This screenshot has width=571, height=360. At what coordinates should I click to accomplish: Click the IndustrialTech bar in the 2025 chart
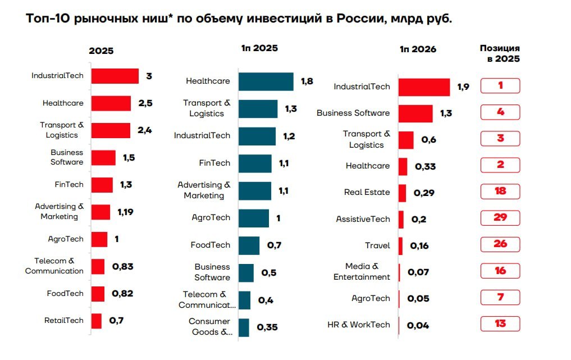[x=115, y=76]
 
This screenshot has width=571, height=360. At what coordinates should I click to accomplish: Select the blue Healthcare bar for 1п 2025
[x=266, y=81]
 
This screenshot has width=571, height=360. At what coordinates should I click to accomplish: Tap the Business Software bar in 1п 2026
[x=415, y=113]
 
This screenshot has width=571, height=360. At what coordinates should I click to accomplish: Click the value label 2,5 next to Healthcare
[x=145, y=103]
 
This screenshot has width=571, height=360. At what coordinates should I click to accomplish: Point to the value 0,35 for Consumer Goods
[x=267, y=327]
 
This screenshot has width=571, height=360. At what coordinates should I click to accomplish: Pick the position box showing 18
[x=500, y=192]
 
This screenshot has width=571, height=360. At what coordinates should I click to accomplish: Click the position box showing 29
[x=500, y=218]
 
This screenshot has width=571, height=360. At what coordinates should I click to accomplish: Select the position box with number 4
[x=500, y=112]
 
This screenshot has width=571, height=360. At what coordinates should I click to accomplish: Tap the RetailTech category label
[x=64, y=321]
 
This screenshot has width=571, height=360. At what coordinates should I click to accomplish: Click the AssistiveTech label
[x=363, y=220]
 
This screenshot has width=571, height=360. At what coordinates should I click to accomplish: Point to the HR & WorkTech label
[x=359, y=325]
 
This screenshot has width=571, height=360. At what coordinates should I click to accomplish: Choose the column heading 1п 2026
[x=418, y=49]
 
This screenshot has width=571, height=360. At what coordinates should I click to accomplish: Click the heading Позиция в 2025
[x=500, y=53]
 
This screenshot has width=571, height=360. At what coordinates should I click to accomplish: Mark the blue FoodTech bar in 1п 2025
[x=249, y=245]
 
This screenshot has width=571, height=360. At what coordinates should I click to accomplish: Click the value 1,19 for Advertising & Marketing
[x=125, y=212]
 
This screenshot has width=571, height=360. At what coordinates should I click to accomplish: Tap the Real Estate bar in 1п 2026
[x=403, y=193]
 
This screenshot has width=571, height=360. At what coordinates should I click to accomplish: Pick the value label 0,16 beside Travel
[x=419, y=246]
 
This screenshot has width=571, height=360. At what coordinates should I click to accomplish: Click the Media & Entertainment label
[x=362, y=272]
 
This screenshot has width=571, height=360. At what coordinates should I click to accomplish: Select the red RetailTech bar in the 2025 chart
[x=97, y=321]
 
